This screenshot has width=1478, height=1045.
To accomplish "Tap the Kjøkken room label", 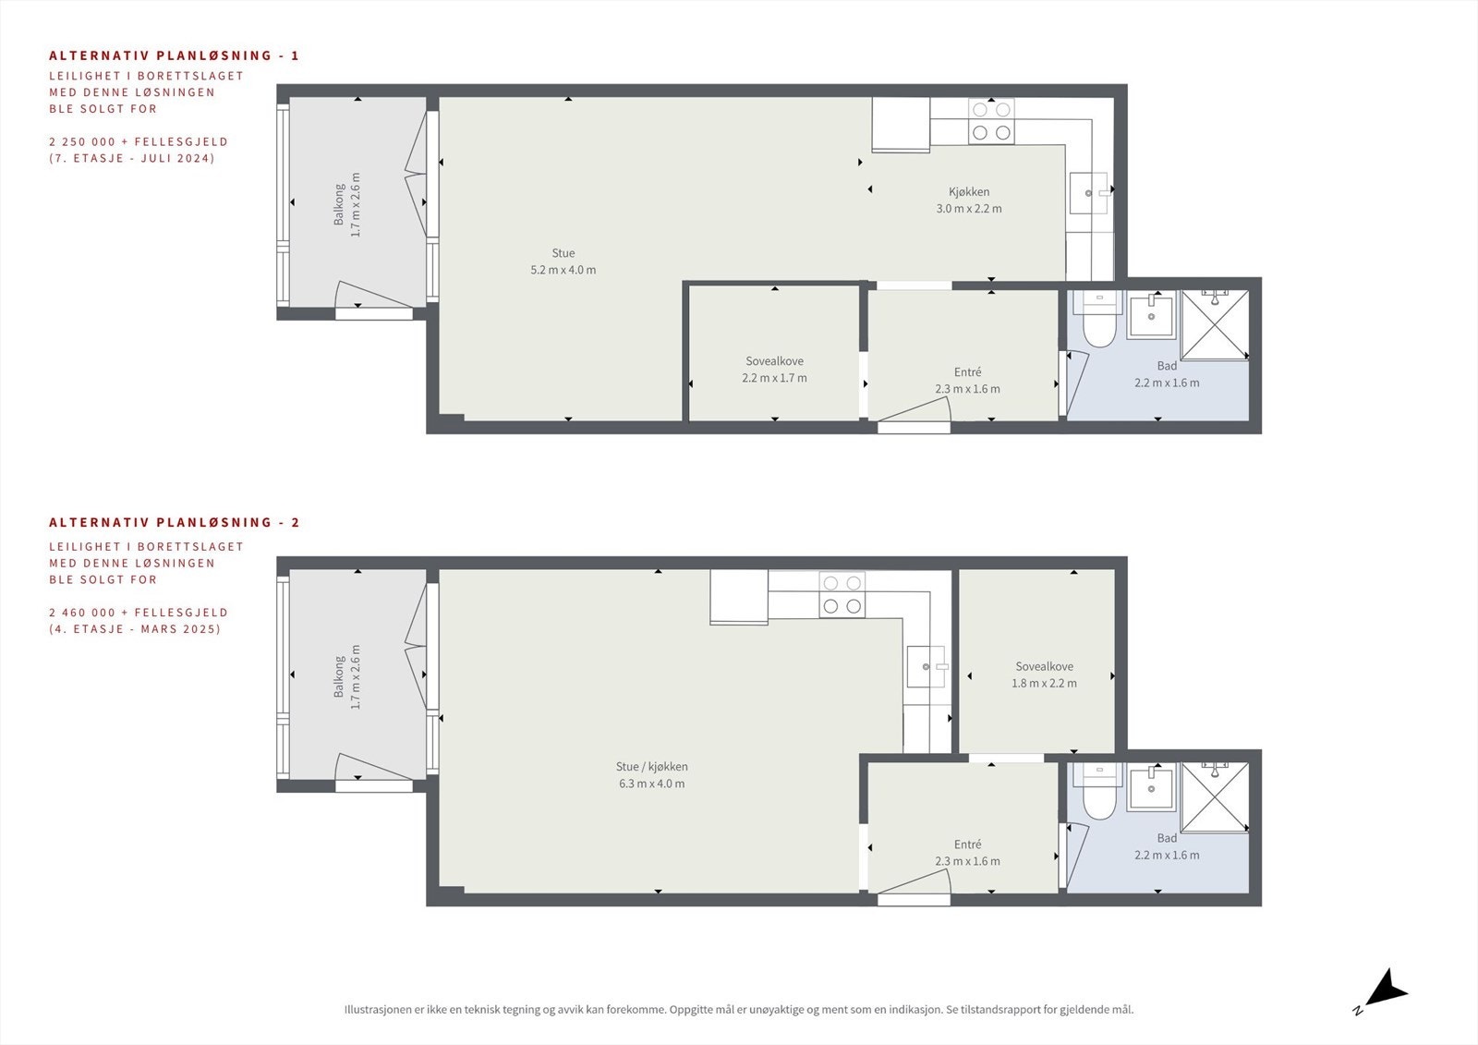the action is point(969,192).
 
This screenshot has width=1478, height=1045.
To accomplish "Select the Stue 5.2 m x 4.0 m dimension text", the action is point(563,270).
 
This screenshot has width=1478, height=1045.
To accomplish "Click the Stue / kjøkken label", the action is point(652,766).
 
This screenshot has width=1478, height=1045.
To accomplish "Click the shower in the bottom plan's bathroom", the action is point(1215,797).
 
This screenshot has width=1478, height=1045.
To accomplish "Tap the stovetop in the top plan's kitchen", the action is point(991,121).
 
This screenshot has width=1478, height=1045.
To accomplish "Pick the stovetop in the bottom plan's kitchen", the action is point(842,595).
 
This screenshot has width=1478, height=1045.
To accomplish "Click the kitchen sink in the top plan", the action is point(1088,193).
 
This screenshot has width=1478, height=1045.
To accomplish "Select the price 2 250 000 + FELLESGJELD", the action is point(139,141).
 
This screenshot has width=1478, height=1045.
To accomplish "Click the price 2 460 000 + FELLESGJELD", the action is point(139,612).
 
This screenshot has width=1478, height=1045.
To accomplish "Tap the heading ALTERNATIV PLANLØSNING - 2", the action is point(175,522).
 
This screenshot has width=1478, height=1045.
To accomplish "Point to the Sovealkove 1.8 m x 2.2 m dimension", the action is point(1044,683).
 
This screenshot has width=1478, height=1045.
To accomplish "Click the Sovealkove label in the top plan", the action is point(775,361).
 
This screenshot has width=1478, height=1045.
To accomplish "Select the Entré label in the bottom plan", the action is point(967,845).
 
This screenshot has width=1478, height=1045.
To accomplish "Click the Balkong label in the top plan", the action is point(339,204).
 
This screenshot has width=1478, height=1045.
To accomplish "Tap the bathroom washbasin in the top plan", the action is point(1151,316).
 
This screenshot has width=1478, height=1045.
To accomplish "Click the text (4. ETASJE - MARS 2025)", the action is point(135,628).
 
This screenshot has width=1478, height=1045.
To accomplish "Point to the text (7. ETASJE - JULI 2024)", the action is point(132,158).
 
